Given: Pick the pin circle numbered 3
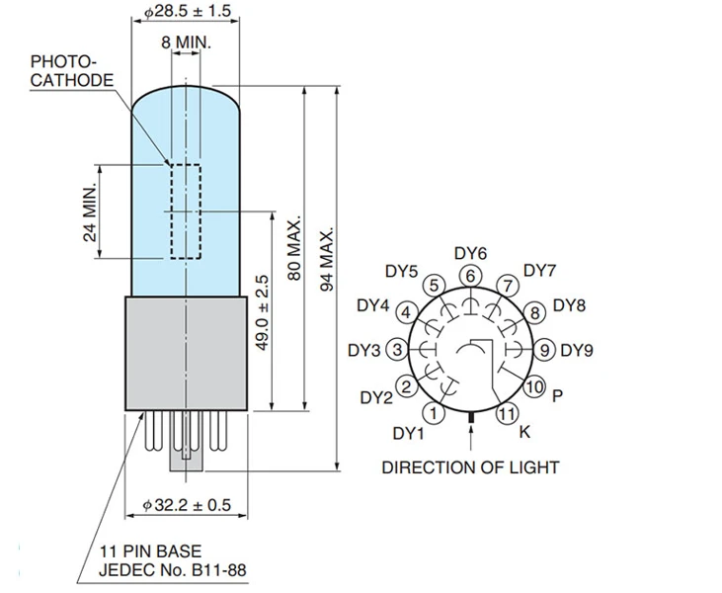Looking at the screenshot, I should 397,349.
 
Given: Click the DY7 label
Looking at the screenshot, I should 540,270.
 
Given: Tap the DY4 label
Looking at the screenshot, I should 373,305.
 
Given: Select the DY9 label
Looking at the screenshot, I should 578,349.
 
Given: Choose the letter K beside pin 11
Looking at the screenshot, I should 524,432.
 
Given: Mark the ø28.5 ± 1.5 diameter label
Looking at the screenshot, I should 187,10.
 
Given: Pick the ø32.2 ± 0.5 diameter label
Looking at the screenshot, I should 187,505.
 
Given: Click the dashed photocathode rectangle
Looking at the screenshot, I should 185,212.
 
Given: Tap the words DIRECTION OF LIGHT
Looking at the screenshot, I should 470,467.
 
